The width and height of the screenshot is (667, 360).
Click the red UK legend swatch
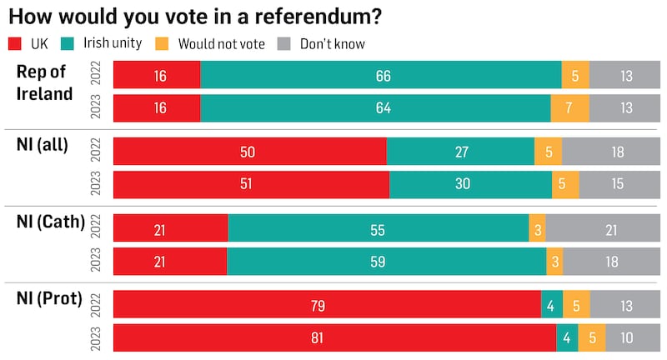pos(15,42)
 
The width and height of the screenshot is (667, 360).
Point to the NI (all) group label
pos(41,146)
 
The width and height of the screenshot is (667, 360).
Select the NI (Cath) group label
pos(51,222)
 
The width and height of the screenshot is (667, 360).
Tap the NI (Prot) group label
pos(49,299)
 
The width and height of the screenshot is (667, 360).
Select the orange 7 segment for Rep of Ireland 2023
pos(569,108)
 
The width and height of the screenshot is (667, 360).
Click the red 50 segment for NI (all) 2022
pos(249,152)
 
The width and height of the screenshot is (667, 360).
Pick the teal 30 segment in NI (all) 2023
pos(470,184)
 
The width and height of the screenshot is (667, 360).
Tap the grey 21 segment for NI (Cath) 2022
pos(603,229)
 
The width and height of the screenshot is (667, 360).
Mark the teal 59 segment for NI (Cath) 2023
pos(386,261)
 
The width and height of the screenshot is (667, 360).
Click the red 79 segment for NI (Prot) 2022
pos(327,306)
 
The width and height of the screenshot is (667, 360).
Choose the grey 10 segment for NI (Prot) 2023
pos(633,337)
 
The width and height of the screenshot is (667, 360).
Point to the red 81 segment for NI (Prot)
pos(334,337)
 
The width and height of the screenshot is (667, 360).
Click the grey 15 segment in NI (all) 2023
pos(619,184)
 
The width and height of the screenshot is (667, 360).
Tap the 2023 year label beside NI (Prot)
pos(95,337)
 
